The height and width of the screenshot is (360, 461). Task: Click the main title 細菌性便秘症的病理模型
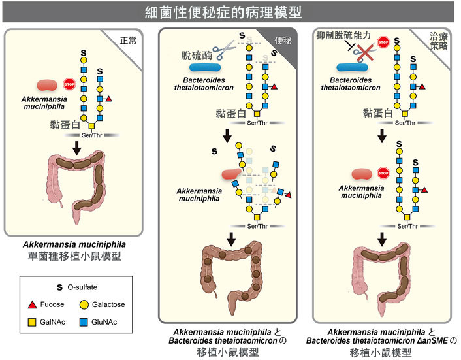point(230,12)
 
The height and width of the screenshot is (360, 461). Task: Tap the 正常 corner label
point(129,40)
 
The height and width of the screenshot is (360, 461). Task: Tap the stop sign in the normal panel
point(69,84)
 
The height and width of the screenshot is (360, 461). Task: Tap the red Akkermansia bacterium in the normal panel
point(47,84)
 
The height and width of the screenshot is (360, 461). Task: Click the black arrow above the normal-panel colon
point(76,149)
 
